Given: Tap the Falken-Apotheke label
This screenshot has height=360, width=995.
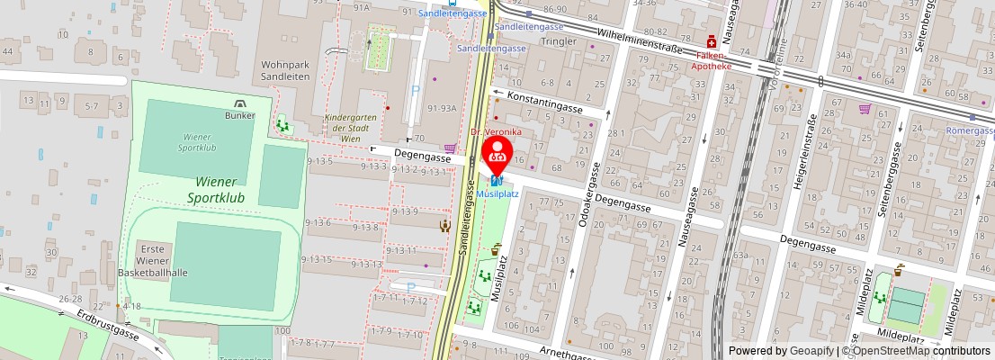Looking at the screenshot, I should pos(711,59).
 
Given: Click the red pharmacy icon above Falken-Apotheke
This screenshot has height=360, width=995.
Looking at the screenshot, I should pos(711,41).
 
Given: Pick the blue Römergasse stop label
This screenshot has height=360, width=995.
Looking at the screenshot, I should pos(970,130).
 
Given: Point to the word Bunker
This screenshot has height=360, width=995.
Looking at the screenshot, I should pos(240,115).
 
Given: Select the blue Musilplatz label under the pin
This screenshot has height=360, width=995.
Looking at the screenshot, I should pos(497,193).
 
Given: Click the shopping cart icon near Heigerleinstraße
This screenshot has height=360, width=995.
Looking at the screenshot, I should pos(865,109).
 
